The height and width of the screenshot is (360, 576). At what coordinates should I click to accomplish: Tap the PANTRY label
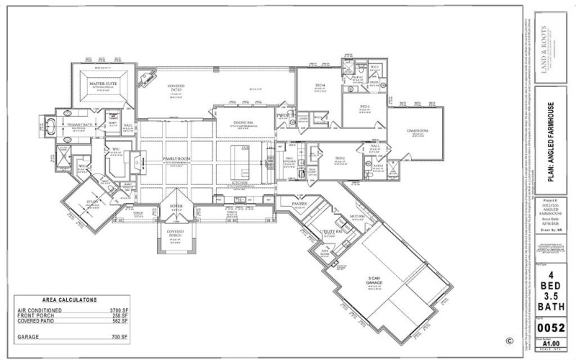coord(300,204)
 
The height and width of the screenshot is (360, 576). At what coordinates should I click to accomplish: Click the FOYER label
coord(176,206)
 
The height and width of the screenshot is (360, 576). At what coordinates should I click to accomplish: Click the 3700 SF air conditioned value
coord(113,312)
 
